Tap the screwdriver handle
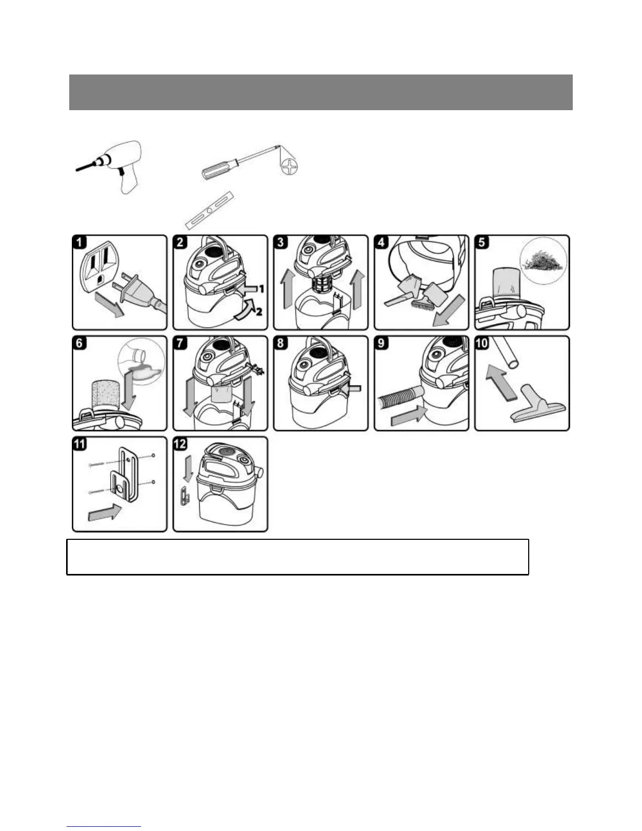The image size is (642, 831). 216,168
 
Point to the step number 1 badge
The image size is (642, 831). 80,243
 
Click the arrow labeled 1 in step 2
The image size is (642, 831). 251,288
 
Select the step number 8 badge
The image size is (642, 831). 281,344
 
